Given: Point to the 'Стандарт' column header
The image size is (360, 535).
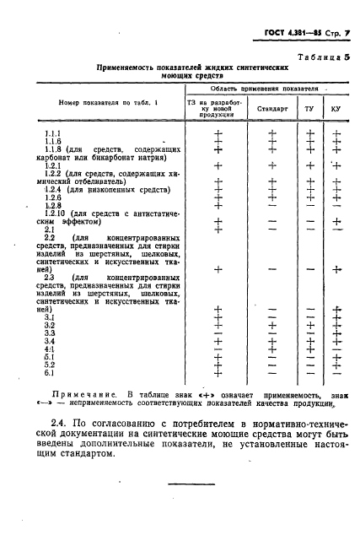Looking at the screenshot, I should coord(271,109).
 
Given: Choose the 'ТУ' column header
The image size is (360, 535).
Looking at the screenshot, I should coord(309,109).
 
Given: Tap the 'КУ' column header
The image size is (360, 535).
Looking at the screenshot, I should coord(336,109).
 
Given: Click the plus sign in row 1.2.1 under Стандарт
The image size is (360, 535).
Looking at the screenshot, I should coord(271,166).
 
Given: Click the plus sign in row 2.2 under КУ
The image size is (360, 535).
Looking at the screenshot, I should coord(336,270).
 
